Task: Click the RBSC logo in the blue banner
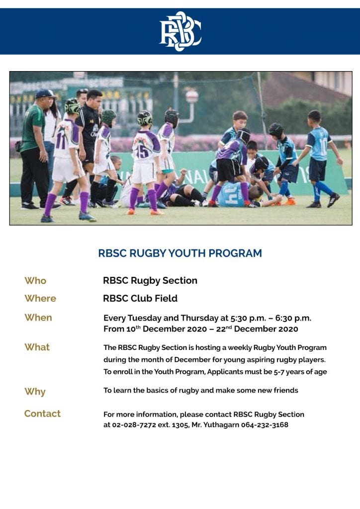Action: (180, 31)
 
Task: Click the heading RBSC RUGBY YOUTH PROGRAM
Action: (180, 253)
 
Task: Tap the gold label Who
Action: (35, 280)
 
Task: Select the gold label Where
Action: (40, 298)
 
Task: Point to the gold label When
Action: (38, 318)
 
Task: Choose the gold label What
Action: (37, 347)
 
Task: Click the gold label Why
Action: (35, 392)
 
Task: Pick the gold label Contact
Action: (43, 414)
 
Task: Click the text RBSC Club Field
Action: (140, 298)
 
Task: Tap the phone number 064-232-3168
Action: (265, 424)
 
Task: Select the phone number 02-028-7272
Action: (134, 424)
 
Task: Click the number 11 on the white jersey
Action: (61, 141)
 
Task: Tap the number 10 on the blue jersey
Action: (324, 146)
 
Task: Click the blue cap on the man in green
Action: (45, 94)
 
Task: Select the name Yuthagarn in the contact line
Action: (223, 425)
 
